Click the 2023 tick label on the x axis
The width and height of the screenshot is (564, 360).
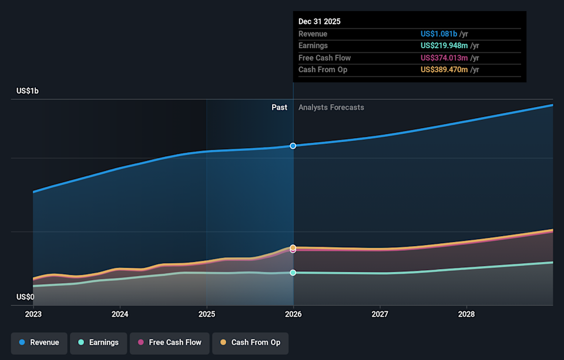(x=33, y=314)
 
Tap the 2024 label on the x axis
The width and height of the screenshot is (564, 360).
(x=120, y=314)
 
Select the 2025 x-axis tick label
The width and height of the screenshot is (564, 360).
(x=206, y=314)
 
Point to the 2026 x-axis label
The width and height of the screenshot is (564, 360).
(x=293, y=314)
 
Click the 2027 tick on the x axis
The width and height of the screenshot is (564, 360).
(x=380, y=314)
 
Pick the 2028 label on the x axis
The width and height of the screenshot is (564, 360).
(x=466, y=314)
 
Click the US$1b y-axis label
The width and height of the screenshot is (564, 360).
(x=28, y=91)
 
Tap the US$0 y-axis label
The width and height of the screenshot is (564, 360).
(x=25, y=297)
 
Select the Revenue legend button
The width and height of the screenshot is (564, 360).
(x=39, y=342)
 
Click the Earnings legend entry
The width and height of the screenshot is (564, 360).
(x=98, y=342)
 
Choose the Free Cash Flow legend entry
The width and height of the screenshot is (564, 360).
(x=169, y=342)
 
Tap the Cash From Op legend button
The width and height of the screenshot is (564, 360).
(x=250, y=342)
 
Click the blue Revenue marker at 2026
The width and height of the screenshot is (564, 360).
(x=293, y=146)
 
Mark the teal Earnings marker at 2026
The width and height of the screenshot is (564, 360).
(x=293, y=272)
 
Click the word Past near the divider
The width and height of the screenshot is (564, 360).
(x=279, y=107)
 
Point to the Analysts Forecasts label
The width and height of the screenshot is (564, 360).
(x=331, y=107)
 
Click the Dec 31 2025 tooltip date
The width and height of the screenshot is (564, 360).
(x=319, y=21)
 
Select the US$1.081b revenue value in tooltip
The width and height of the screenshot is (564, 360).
(x=438, y=34)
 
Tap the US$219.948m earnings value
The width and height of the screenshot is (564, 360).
(x=444, y=46)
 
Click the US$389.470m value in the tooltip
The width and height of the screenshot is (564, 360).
(x=444, y=70)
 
